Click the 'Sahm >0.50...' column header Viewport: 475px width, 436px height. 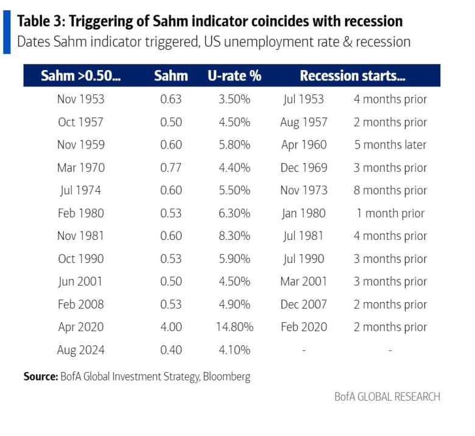pyautogui.click(x=80, y=76)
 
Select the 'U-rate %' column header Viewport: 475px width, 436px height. pyautogui.click(x=234, y=76)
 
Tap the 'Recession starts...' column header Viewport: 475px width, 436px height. pyautogui.click(x=353, y=76)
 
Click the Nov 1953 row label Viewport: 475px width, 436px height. pyautogui.click(x=80, y=99)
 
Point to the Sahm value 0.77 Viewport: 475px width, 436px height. pyautogui.click(x=171, y=167)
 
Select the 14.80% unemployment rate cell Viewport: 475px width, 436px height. pyautogui.click(x=234, y=327)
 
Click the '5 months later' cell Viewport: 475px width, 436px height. pyautogui.click(x=390, y=145)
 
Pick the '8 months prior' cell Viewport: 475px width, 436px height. pyautogui.click(x=390, y=191)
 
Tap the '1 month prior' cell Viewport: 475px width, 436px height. pyautogui.click(x=390, y=213)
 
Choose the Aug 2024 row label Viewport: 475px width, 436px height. pyautogui.click(x=80, y=350)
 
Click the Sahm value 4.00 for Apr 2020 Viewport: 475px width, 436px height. pyautogui.click(x=171, y=327)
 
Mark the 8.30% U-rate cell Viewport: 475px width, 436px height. pyautogui.click(x=234, y=236)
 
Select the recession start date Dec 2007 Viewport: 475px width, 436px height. pyautogui.click(x=303, y=304)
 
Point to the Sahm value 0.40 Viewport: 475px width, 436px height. pyautogui.click(x=171, y=350)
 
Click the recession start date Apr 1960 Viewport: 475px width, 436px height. pyautogui.click(x=303, y=145)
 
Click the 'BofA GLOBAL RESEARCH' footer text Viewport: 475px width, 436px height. pyautogui.click(x=387, y=396)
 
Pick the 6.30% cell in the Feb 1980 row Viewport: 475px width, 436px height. pyautogui.click(x=234, y=213)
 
